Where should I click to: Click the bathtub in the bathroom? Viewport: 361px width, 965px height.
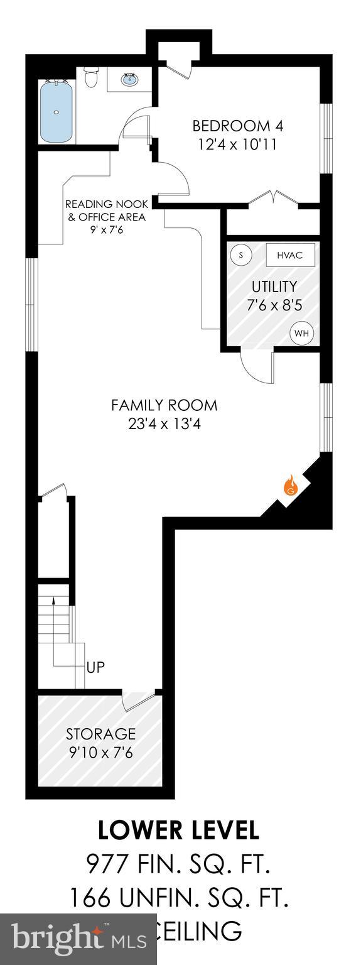click(57, 112)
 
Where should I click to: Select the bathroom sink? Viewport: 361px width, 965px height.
click(131, 79)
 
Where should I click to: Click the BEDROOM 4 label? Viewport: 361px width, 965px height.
click(237, 126)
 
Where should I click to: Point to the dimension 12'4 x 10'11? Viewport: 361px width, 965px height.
click(237, 144)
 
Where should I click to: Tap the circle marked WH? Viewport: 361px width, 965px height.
click(301, 333)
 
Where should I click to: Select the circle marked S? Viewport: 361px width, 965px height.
click(241, 255)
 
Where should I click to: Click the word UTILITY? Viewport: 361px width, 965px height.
click(274, 286)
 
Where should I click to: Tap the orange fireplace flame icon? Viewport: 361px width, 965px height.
click(290, 484)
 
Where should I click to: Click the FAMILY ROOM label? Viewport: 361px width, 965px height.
click(164, 405)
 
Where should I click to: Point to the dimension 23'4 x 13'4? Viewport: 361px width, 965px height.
click(164, 423)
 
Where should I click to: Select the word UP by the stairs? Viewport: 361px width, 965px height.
click(95, 668)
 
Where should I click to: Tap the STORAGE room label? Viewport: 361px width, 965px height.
click(101, 734)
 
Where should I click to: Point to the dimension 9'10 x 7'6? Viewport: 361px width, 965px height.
click(101, 752)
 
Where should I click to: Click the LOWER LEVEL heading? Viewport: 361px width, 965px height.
click(178, 830)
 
